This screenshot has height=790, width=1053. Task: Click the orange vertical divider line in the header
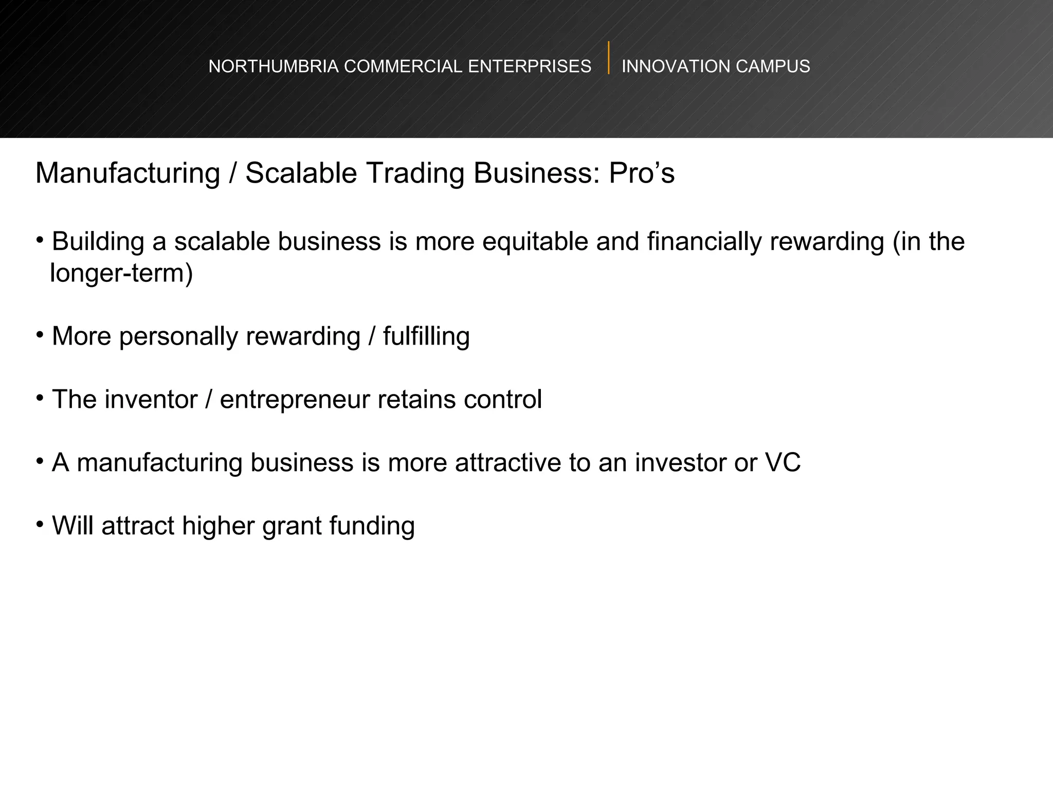(609, 58)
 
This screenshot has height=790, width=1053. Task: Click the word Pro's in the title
(642, 173)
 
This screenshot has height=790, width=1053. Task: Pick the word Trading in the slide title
(415, 173)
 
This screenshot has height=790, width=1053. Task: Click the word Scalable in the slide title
(301, 173)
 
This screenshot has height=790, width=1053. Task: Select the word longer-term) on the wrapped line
(121, 273)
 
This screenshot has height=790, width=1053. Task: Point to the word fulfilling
(426, 337)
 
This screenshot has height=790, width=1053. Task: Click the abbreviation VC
(783, 463)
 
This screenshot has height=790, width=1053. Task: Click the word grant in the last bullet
(292, 527)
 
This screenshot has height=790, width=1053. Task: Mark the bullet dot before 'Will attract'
(40, 525)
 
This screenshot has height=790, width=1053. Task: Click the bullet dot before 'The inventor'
(40, 398)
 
